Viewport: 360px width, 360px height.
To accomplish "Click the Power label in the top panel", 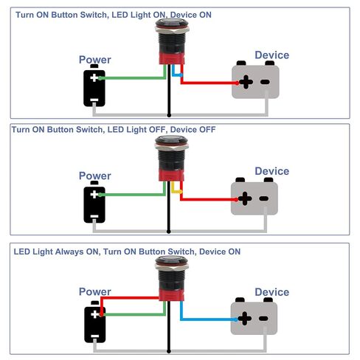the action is tap(95, 60).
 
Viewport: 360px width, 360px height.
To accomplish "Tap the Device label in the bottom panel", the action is tap(272, 292).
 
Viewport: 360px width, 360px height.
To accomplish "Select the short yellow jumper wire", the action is tap(176, 188).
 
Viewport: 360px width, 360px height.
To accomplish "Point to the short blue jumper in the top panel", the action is tap(177, 72).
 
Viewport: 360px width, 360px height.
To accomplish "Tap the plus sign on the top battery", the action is tap(94, 77).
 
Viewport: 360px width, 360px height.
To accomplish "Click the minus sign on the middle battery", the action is tap(94, 216).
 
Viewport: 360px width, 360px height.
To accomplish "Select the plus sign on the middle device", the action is tap(245, 198).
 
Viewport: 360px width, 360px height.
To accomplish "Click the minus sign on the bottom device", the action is tap(263, 319).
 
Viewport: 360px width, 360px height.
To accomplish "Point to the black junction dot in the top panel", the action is tap(169, 115).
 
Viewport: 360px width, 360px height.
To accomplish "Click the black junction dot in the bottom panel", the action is tap(169, 351).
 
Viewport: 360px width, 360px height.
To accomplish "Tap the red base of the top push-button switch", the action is tap(172, 58).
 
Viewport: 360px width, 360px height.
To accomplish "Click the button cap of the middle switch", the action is tap(171, 140).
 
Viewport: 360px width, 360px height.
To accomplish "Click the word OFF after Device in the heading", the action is tap(207, 129).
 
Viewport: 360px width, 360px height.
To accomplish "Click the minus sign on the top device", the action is tap(265, 82).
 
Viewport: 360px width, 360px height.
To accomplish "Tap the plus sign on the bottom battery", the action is tap(94, 314).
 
